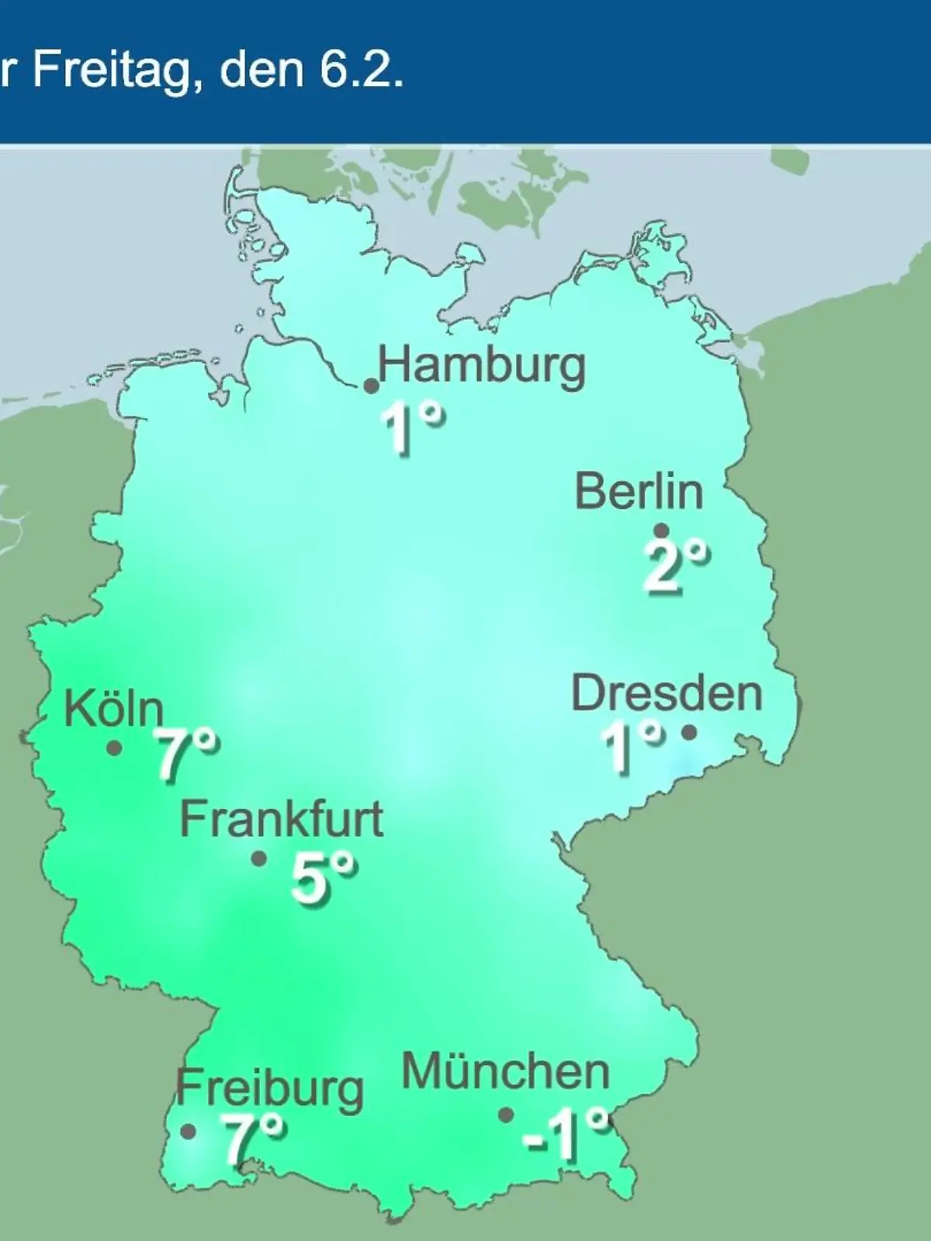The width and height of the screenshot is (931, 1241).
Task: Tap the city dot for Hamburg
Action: pos(372,386)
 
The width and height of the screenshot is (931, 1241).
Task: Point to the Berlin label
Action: pos(639,491)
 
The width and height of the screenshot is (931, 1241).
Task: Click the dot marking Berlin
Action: pos(662,531)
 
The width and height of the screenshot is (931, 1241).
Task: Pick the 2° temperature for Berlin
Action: pos(676,566)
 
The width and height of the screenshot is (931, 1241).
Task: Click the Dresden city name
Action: pos(666,693)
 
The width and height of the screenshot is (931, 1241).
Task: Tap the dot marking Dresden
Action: pos(689,731)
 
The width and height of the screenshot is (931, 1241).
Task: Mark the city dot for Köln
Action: pos(114,748)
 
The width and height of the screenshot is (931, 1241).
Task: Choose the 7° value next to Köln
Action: pos(186,754)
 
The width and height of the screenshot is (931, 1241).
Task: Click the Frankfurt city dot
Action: pos(259,859)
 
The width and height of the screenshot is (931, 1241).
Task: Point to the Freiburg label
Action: pos(269,1088)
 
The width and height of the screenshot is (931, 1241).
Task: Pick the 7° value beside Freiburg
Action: pos(253,1139)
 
